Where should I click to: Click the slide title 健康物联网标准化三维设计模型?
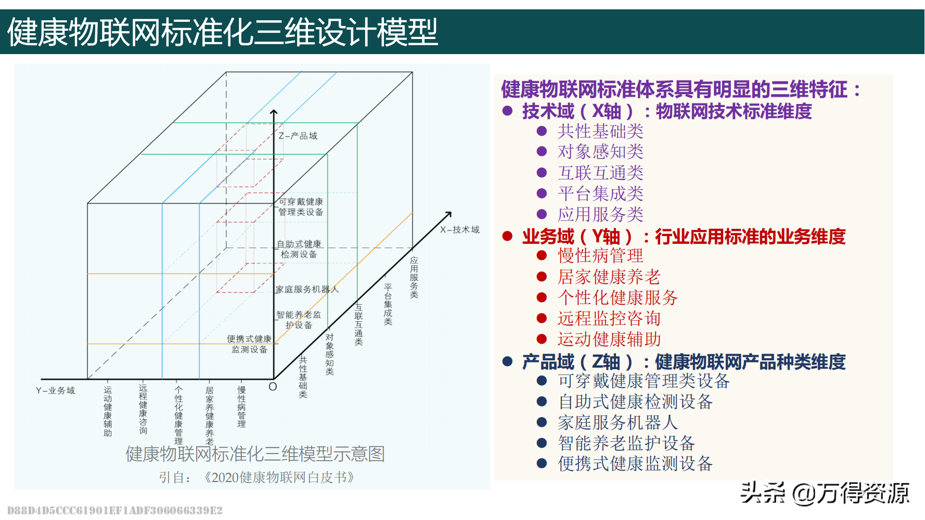223,32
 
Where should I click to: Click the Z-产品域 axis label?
298,136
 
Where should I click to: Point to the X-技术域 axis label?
459,229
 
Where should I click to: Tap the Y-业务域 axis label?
55,391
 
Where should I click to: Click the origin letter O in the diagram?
273,387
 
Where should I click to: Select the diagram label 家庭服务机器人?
307,289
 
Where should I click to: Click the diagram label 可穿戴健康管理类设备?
301,206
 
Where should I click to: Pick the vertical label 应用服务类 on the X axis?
414,277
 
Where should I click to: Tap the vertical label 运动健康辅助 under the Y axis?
108,411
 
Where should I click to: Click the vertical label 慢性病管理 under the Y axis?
241,407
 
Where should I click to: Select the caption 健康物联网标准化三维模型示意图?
255,454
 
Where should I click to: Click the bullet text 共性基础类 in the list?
600,131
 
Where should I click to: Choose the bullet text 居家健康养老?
609,277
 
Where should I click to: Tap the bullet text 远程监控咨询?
609,318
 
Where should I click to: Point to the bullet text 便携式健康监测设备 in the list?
635,463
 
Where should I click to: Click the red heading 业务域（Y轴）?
577,237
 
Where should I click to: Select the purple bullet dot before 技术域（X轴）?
508,111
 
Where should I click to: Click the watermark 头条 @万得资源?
825,493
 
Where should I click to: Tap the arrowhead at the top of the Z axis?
274,111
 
